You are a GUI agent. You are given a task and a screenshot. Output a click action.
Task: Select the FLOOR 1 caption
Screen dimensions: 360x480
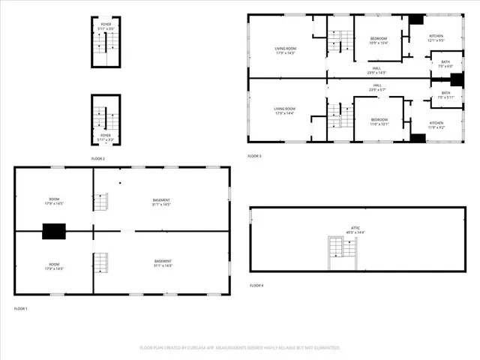[20, 308]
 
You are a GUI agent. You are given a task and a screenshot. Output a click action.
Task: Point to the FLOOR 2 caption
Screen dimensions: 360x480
[98, 159]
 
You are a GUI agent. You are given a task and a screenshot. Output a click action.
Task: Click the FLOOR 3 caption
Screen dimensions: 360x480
[256, 156]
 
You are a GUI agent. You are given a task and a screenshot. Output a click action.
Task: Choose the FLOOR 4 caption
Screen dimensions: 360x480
[256, 285]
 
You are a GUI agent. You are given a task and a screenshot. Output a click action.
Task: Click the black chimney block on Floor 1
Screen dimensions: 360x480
[54, 232]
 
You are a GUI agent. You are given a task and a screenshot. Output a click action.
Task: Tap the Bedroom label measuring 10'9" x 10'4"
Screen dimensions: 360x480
[379, 40]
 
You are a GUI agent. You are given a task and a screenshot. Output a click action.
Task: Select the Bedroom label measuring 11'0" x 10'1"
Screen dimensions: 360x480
[379, 121]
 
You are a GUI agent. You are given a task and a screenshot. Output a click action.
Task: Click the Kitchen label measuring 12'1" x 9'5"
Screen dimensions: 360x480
[436, 38]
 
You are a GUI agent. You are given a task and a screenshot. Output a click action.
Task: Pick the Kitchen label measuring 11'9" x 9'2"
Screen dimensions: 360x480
[436, 124]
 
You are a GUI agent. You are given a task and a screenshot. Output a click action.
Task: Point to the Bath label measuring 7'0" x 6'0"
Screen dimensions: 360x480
[445, 64]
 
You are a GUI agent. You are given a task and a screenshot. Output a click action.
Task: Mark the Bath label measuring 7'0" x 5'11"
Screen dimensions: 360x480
[445, 94]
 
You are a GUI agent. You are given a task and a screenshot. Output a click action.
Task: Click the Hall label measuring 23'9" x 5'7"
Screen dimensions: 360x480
[376, 87]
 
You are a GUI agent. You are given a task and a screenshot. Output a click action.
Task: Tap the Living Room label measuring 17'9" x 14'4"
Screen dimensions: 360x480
[285, 111]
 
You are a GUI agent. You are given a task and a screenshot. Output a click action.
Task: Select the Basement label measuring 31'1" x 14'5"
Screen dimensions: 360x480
[161, 202]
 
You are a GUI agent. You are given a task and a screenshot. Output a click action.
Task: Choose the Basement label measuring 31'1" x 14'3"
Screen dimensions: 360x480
[163, 263]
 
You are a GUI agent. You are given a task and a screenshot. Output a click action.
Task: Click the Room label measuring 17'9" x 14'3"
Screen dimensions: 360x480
[54, 266]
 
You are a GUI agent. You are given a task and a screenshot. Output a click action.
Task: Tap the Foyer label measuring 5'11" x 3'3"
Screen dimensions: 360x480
[105, 137]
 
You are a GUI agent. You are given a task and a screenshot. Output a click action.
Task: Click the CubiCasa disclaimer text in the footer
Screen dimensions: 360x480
[240, 347]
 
